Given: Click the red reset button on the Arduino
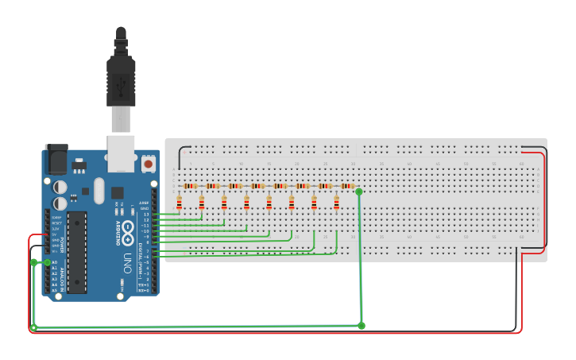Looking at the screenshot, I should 149,165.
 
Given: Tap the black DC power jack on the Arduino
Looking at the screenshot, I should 56,160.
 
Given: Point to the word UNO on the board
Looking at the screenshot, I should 127,263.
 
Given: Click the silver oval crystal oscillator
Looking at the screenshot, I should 99,190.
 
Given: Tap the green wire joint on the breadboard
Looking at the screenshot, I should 359,192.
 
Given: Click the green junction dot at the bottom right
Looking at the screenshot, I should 361,326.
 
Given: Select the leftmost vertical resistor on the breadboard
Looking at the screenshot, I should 180,203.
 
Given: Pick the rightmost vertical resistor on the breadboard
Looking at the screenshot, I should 336,203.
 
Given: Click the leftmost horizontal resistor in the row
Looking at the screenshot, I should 190,186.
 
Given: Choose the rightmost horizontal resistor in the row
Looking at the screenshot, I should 346,186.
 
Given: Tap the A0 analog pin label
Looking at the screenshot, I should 54,262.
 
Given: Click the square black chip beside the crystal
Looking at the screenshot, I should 117,192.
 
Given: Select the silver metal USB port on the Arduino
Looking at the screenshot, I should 121,153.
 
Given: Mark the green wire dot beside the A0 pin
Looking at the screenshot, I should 47,262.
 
